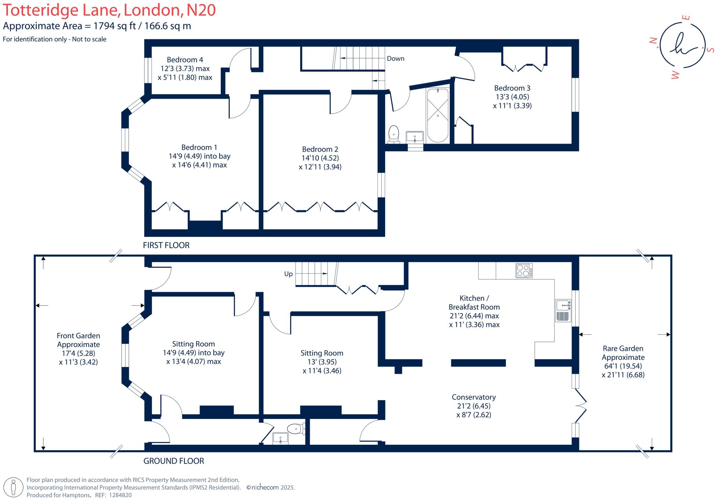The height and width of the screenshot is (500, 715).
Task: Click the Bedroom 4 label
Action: point(185,60)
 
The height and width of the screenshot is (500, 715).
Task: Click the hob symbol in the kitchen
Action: point(524,270)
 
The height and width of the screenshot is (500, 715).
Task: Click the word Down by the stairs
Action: point(395,59)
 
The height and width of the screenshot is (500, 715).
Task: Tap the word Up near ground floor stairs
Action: point(288,274)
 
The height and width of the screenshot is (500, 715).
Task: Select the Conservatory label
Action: point(473,397)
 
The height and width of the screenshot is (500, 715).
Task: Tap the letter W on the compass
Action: point(675,75)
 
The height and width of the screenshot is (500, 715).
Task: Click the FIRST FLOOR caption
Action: point(166,245)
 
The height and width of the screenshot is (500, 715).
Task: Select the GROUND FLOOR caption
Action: point(174,461)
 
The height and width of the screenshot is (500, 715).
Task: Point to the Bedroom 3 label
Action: point(512,88)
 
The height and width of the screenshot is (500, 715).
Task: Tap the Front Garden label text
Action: point(78,336)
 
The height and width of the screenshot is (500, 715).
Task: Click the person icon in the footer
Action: point(14,487)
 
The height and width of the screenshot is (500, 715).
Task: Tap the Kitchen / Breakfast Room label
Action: point(474,302)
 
